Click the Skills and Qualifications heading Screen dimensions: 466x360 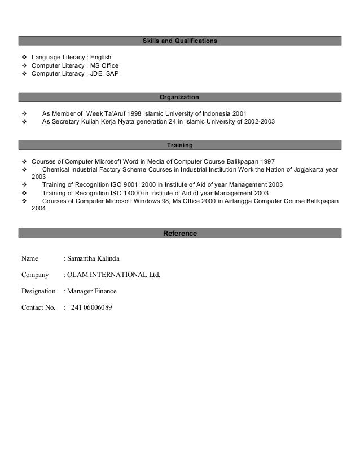[x=179, y=41]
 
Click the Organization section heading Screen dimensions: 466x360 [x=179, y=97]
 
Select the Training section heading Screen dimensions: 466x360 [x=179, y=146]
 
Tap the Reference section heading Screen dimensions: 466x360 [x=179, y=233]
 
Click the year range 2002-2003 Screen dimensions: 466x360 [x=257, y=121]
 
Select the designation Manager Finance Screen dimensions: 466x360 [x=93, y=292]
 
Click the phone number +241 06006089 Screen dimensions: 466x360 [x=89, y=308]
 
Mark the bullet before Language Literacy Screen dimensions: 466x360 [x=24, y=57]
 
